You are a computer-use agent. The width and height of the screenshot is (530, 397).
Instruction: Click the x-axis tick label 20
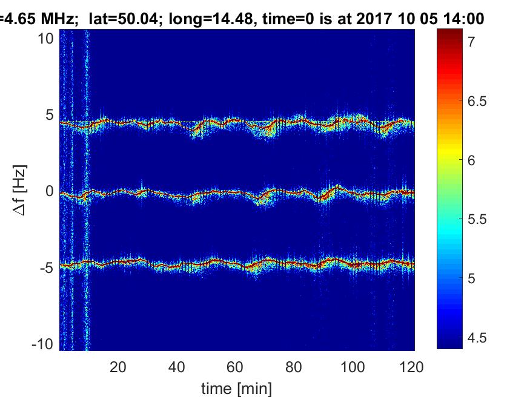pos(118,367)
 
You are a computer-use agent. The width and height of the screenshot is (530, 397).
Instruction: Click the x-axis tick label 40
pos(177,367)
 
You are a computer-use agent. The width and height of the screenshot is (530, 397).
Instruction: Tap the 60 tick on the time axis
pos(235,367)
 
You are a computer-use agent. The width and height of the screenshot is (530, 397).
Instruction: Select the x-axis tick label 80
pos(294,367)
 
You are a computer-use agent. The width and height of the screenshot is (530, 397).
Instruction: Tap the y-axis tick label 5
pos(51,115)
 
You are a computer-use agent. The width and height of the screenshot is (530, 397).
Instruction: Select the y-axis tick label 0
pos(51,191)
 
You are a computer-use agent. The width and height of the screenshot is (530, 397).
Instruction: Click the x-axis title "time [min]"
pos(237,387)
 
